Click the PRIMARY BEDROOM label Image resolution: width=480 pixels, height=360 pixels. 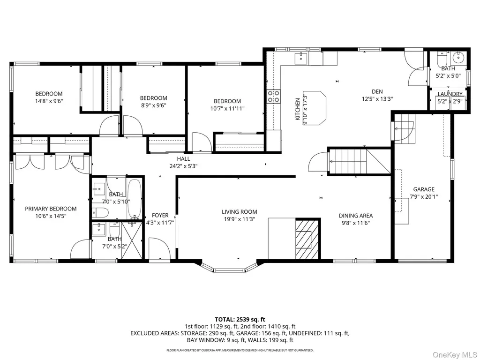pos(51,209)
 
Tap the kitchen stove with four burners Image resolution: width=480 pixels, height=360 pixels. pos(273,96)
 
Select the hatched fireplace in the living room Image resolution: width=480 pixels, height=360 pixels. pos(307,239)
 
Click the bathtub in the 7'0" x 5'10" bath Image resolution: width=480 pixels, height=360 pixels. pos(134,198)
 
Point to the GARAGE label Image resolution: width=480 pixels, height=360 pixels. pos(424,189)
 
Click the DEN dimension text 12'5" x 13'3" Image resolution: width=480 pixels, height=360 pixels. pos(377,99)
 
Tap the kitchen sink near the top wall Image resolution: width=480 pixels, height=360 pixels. pos(301,58)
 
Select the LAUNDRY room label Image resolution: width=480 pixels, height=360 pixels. pos(450,94)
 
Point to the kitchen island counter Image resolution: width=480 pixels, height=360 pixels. pos(315,108)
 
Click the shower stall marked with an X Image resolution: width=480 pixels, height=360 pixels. pos(132,240)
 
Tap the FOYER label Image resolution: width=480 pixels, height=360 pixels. pos(160,216)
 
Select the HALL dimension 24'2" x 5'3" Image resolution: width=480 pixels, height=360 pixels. pos(183,166)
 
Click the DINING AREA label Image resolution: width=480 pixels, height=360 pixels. pos(356,216)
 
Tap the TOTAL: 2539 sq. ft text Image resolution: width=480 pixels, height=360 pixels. pos(240,320)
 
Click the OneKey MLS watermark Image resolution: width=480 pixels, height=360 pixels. pos(454,355)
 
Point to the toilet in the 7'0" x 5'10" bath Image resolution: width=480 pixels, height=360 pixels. pos(100,212)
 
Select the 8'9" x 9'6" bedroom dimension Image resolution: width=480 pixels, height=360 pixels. pos(153,105)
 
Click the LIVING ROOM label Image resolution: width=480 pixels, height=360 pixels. pos(240,212)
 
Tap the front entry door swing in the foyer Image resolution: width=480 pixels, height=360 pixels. pos(159,248)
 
